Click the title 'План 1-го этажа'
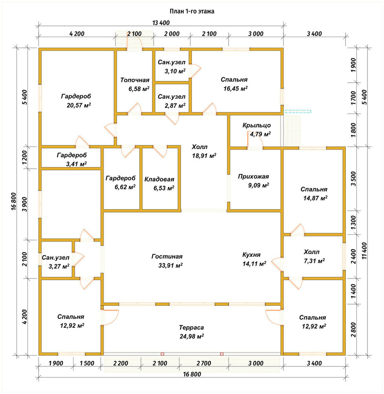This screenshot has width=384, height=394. pos(192,11)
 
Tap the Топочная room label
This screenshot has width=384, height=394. pos(135,80)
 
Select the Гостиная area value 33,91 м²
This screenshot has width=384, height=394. pos(170,265)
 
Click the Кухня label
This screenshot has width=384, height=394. pos(251,255)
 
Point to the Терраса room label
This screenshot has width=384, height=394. pos(192,328)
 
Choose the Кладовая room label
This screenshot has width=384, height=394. pos(159,179)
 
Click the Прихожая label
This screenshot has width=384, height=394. pos(253,177)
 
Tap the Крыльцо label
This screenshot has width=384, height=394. pos(257,125)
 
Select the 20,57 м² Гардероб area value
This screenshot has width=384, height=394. pos(79,105)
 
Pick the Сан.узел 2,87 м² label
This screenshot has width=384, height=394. pos(172,101)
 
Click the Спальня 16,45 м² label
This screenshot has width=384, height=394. pos(234,84)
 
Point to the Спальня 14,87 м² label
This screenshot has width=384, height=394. pos(314,194)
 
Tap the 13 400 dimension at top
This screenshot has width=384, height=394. pos(161,23)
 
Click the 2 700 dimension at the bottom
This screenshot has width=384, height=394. pos(204,363)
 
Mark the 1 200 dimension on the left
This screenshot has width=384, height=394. pos(25,158)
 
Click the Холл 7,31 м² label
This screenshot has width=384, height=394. pos(314,256)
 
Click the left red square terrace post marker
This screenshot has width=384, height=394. pos(162,354)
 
